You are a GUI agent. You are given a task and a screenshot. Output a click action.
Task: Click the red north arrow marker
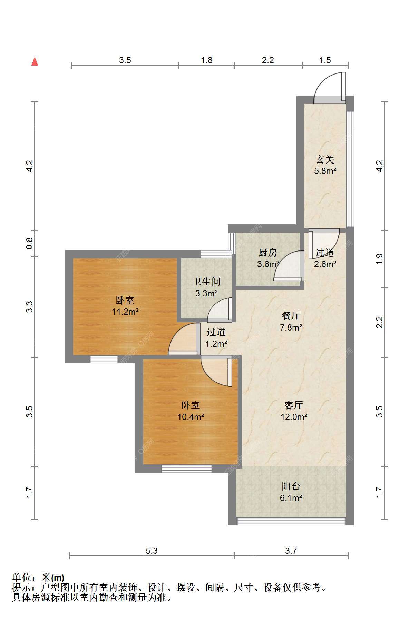35,61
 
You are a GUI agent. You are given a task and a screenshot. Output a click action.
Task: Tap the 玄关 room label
325,159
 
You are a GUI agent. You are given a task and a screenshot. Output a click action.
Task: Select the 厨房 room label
268,253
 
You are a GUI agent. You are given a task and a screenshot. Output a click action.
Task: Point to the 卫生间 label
206,282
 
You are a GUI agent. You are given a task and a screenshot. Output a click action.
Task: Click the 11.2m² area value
125,312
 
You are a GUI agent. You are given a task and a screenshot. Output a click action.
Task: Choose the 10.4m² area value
191,417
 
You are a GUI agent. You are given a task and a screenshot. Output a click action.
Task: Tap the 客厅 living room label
294,405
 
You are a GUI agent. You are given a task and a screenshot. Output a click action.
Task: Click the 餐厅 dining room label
291,316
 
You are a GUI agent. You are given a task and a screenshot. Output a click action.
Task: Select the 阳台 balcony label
291,486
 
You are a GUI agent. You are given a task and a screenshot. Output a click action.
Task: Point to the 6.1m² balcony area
291,498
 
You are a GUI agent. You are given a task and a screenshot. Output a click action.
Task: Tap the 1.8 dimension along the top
206,60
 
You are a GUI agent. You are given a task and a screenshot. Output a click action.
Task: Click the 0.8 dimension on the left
30,243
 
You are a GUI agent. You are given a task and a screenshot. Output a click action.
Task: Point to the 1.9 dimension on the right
379,259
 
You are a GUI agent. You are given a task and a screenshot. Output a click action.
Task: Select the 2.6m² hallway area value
325,264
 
